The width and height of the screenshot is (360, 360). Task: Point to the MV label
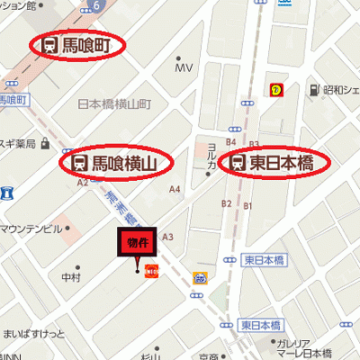184,68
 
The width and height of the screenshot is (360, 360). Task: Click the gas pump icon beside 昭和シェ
314,90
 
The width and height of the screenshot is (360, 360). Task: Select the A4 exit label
175,189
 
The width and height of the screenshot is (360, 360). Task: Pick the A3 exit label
166,237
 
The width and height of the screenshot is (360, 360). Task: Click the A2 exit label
83,182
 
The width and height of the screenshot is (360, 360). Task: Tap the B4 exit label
230,142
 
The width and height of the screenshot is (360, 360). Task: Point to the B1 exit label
248,207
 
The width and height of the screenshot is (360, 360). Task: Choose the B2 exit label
227,203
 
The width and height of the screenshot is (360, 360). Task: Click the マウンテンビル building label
31,229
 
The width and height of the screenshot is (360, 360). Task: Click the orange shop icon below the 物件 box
151,271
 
